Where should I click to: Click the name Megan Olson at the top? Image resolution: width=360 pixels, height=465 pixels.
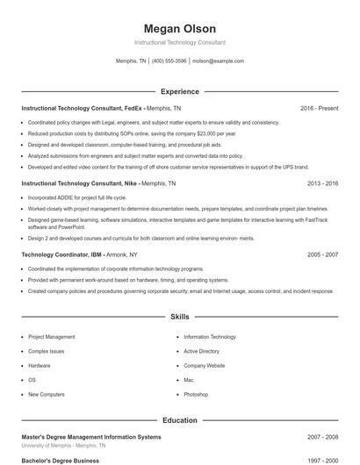(179, 29)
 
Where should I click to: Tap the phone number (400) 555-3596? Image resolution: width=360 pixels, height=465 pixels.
(169, 61)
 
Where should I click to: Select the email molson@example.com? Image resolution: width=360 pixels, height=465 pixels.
(218, 61)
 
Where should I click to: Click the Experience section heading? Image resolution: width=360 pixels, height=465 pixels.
(179, 91)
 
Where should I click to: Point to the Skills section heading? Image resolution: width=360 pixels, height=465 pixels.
(179, 316)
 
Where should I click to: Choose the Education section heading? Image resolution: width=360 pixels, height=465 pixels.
(179, 420)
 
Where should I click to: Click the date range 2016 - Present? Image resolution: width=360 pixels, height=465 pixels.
(319, 108)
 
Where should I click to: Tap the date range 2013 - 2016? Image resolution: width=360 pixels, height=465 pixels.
(322, 184)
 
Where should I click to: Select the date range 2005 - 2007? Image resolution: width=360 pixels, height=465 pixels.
(322, 254)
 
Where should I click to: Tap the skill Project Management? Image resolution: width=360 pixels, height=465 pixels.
(51, 337)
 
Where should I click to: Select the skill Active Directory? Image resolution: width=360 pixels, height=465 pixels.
(201, 351)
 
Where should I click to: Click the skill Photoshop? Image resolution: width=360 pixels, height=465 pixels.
(196, 395)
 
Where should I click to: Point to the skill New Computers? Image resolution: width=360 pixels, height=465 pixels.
(46, 395)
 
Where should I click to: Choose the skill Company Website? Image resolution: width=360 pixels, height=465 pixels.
(205, 366)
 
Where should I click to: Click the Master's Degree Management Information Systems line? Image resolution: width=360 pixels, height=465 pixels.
(91, 436)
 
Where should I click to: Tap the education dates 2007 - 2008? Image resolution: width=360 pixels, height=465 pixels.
(322, 436)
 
